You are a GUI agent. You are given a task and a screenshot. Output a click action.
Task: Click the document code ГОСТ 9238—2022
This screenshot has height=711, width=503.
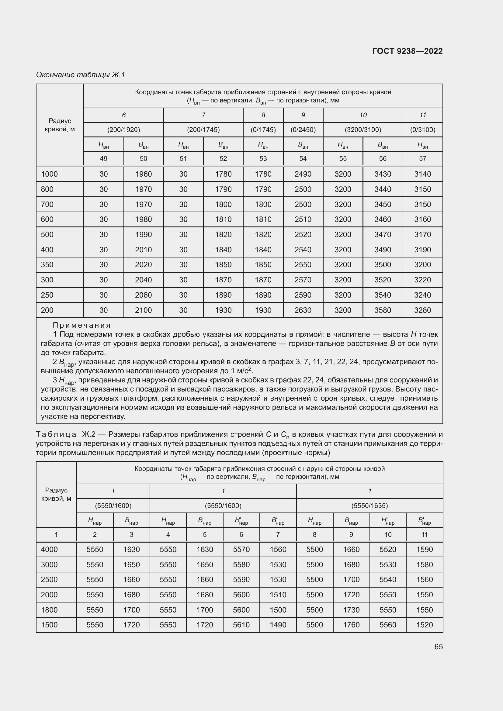[x=407, y=51]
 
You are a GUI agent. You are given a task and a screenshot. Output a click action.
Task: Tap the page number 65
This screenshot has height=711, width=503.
[x=438, y=647]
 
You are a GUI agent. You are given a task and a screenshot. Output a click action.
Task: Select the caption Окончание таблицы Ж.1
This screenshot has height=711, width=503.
[x=81, y=75]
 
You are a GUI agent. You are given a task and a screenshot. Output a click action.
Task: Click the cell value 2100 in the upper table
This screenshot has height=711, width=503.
[x=144, y=310]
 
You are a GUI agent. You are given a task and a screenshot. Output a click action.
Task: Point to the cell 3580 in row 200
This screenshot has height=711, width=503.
[x=383, y=310]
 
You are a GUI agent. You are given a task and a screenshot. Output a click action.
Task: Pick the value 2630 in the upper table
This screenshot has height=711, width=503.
[x=303, y=310]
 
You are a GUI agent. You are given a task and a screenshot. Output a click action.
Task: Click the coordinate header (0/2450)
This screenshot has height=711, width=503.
[x=303, y=130]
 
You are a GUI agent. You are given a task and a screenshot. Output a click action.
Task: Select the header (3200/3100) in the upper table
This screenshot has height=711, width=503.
[x=363, y=130]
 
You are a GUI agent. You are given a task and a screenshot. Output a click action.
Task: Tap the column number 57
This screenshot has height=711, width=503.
[x=422, y=159]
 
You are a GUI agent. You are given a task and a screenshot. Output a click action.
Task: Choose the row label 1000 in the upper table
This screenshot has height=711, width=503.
[x=49, y=174]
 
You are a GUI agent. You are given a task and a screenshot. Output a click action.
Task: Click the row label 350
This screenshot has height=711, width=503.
[x=47, y=265]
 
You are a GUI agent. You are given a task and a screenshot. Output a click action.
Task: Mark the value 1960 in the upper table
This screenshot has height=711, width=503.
[x=144, y=174]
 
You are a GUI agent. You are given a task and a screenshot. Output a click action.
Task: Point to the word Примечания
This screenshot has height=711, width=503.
[x=82, y=325]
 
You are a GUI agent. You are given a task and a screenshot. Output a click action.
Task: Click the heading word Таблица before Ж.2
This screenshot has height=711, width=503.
[x=56, y=434]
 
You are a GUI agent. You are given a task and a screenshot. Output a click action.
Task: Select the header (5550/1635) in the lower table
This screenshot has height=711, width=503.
[x=369, y=506]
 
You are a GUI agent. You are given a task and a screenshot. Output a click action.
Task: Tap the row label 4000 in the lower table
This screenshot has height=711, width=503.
[x=49, y=549]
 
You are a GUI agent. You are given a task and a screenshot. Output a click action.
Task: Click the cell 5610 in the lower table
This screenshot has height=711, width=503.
[x=241, y=625]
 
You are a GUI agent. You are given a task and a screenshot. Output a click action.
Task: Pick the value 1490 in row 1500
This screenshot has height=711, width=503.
[x=278, y=625]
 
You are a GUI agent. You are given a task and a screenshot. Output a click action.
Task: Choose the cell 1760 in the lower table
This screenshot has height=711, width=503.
[x=351, y=625]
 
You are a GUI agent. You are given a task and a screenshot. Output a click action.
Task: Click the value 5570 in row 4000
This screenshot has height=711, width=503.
[x=241, y=549]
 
